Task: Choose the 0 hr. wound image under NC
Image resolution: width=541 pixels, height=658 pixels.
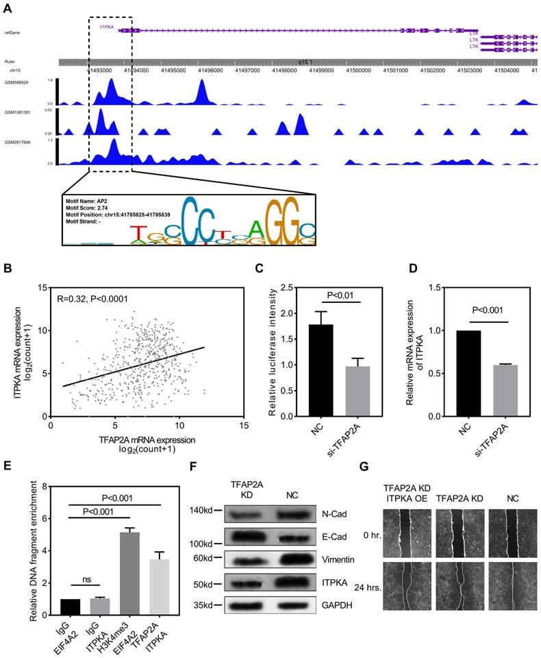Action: coord(510,525)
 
